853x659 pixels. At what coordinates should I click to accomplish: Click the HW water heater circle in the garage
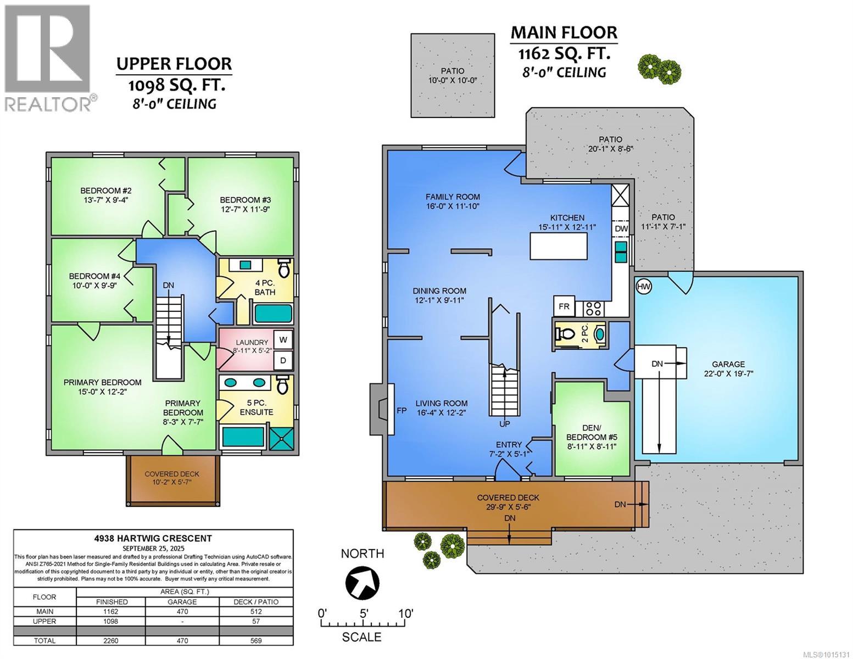point(643,286)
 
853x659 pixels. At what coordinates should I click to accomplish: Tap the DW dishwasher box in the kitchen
point(621,228)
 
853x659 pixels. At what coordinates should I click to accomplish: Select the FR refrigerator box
point(564,306)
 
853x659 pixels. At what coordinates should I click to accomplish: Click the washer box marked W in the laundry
point(283,340)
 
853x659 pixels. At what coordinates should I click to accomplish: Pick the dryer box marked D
point(283,360)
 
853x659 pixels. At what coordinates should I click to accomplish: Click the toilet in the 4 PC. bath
point(283,267)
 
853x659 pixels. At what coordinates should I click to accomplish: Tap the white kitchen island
point(559,245)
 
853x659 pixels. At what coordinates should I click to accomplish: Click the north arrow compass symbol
point(362,582)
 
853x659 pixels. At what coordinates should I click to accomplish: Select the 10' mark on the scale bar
point(405,613)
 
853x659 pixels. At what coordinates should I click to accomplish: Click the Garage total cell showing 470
point(182,640)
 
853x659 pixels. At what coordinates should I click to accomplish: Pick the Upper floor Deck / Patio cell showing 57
point(256,621)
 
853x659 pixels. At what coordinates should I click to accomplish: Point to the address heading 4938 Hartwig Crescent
point(153,539)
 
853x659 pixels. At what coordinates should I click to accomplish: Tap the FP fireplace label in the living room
point(402,411)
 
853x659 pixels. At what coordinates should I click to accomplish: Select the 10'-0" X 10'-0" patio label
point(453,81)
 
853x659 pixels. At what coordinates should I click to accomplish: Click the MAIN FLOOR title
point(564,32)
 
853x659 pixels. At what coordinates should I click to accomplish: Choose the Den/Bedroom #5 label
point(591,437)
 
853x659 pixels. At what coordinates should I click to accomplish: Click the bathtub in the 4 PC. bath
point(274,314)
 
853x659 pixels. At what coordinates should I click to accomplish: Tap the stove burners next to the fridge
point(593,308)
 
